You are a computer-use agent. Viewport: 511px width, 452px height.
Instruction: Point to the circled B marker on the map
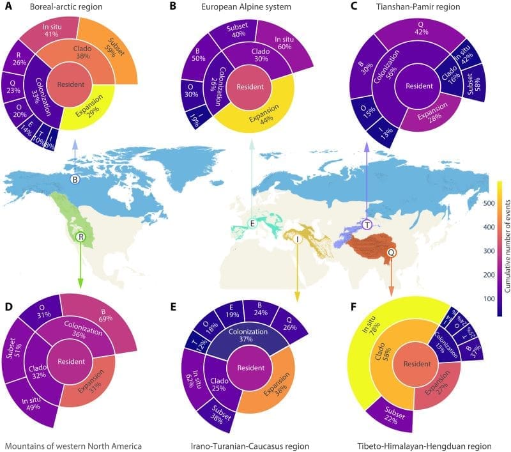(x=75, y=180)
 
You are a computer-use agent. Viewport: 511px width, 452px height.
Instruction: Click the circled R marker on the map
(x=80, y=237)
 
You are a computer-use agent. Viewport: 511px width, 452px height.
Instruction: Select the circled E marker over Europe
(x=253, y=223)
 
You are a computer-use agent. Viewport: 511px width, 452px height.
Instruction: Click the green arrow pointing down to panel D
(x=80, y=269)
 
